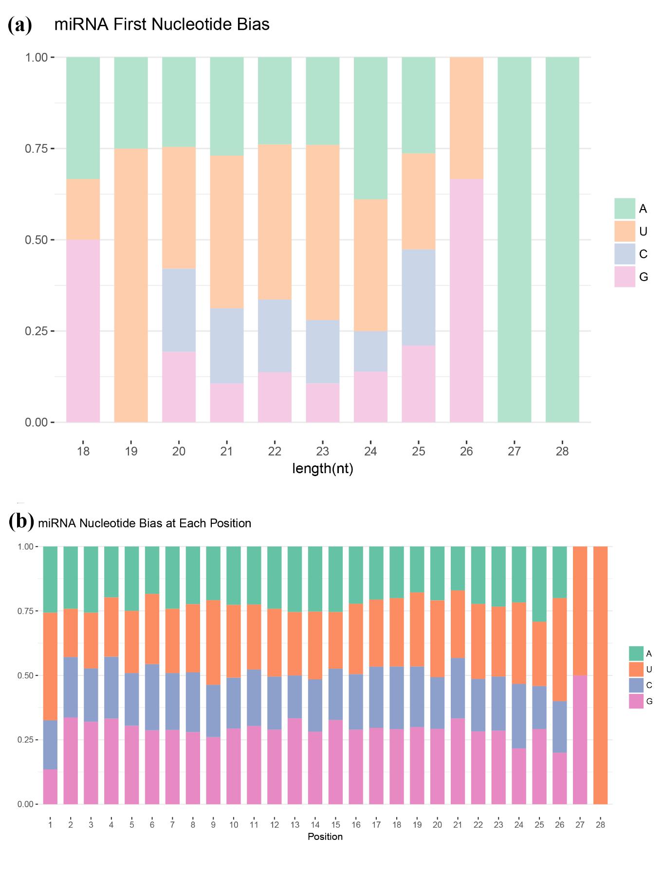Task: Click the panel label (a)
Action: tap(20, 24)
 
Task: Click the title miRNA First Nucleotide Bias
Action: tap(162, 24)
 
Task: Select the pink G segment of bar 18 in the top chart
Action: tap(83, 331)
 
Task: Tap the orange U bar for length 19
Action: tap(131, 285)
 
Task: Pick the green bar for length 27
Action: tap(514, 239)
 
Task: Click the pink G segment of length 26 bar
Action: tap(466, 300)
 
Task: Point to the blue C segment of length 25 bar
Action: tap(419, 297)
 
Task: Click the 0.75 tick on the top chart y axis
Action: tap(36, 148)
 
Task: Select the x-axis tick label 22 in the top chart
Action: tap(275, 451)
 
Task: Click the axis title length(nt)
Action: tap(323, 468)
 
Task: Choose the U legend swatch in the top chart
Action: tap(625, 231)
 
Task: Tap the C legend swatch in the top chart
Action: tap(625, 254)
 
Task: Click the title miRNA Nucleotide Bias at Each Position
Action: tap(145, 523)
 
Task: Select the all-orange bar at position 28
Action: tap(600, 675)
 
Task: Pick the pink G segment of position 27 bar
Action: tap(580, 739)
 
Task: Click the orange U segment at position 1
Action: tap(50, 666)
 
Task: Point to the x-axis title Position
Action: tap(325, 836)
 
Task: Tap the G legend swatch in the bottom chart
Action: tap(636, 701)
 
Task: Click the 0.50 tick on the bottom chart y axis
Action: tap(25, 675)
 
